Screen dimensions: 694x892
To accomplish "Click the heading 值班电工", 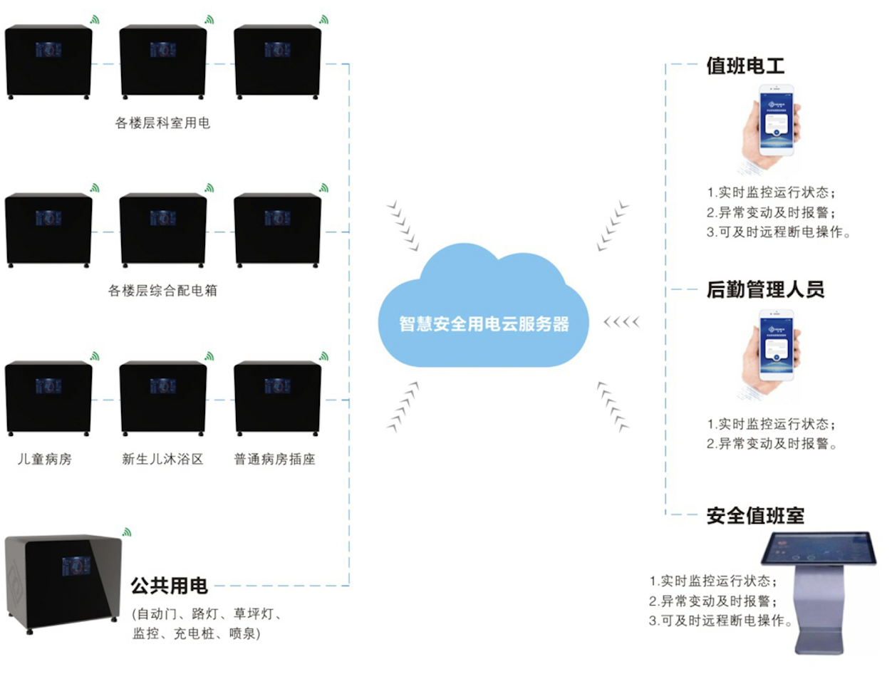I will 745,66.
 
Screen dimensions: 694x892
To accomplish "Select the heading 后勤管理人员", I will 765,290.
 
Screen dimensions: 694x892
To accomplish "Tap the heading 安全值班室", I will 755,515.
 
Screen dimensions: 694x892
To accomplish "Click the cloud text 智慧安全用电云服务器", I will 484,324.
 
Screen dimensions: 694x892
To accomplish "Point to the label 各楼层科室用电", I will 162,123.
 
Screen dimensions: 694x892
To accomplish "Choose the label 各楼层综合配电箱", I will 162,291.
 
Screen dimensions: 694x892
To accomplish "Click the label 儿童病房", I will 45,460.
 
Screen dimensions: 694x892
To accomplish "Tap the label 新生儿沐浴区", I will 162,460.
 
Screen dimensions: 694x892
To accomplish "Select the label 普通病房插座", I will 274,460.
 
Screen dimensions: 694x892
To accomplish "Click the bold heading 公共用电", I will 169,586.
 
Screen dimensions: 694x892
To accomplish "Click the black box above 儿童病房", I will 48,397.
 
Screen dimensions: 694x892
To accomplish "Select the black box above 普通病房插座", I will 277,397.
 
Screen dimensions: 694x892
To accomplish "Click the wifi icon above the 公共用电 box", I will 127,532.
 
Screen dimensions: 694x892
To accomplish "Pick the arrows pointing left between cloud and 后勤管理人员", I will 621,322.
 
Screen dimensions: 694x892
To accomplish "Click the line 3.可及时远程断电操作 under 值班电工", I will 778,232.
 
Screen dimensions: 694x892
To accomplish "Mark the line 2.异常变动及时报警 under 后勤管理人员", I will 771,444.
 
